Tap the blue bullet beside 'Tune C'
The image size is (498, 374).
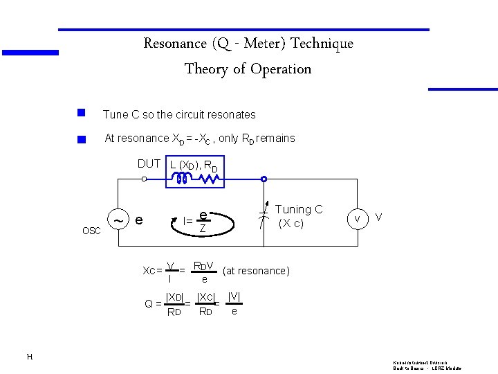81,112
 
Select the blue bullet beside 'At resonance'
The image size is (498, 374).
81,140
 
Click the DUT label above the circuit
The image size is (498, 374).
149,164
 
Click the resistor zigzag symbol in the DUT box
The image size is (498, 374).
210,179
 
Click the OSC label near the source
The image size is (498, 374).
91,231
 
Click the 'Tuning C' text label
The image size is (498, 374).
299,209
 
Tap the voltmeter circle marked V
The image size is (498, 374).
358,219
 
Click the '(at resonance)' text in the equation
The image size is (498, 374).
256,271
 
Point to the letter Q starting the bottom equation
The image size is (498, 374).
149,303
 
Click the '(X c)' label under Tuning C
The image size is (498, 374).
291,224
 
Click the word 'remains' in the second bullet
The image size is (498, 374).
275,139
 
